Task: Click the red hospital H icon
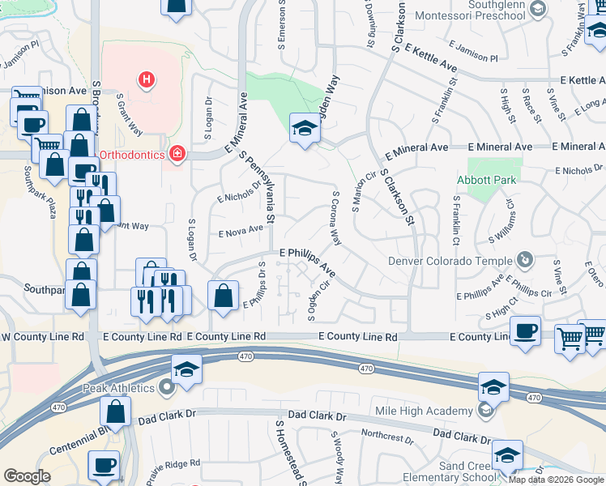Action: pyautogui.click(x=147, y=79)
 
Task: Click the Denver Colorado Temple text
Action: pyautogui.click(x=450, y=261)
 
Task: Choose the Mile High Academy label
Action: pyautogui.click(x=425, y=411)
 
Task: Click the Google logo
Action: pyautogui.click(x=27, y=476)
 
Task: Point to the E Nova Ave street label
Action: pyautogui.click(x=241, y=231)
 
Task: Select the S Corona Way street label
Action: pyautogui.click(x=335, y=219)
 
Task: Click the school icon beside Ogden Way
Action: pyautogui.click(x=304, y=128)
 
